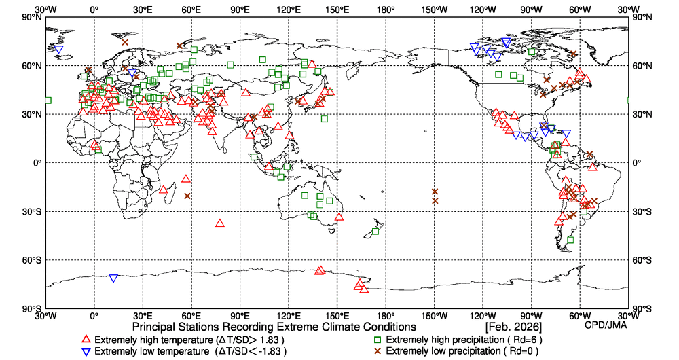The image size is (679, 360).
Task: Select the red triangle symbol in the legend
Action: pos(86,340)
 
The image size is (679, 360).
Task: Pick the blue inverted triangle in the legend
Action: pos(86,352)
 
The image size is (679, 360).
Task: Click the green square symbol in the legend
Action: pos(377,340)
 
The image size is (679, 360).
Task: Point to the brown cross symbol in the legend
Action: pos(377,351)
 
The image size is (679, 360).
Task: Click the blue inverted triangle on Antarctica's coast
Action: pos(113,278)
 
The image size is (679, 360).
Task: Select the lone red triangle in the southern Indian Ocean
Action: pos(219,223)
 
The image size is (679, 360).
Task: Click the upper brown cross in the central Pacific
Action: pos(435,192)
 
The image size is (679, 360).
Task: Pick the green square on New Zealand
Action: pos(375,232)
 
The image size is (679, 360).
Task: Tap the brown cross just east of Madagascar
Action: pos(187,196)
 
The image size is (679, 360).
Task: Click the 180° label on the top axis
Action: pos(386,10)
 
